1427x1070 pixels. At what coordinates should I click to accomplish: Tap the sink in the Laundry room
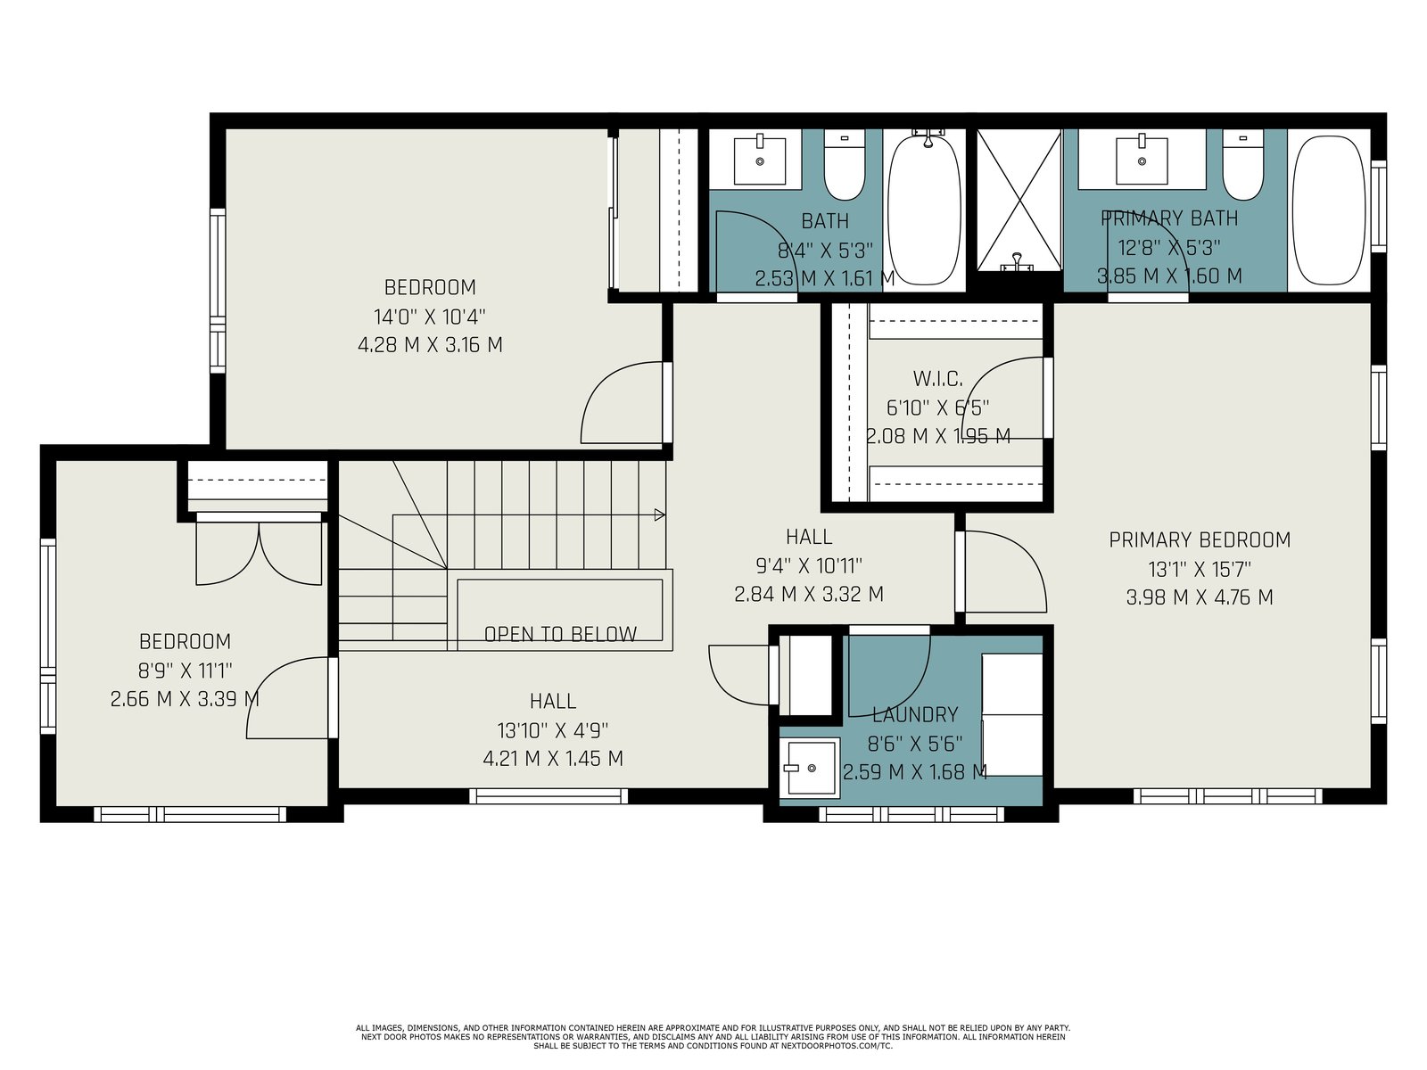coord(812,768)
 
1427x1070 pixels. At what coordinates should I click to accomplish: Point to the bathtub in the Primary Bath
coord(1328,210)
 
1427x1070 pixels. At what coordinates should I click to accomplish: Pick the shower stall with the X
coord(1019,200)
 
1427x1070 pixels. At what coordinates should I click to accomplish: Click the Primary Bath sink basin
coord(1142,160)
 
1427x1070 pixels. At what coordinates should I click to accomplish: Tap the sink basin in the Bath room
coord(759,160)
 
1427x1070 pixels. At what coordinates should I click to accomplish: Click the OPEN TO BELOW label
coord(560,634)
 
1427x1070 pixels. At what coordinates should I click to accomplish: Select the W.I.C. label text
coord(937,378)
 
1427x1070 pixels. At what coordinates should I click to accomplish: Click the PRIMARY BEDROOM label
coord(1200,539)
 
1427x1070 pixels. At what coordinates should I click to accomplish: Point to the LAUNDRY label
coord(915,714)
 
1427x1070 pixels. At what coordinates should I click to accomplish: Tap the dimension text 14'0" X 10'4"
coord(430,317)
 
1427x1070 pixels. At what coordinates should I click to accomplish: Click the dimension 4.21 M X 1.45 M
coord(553,758)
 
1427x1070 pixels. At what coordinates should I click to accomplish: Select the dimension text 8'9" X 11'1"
coord(186,670)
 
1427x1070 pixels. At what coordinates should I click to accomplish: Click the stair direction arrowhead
coord(659,515)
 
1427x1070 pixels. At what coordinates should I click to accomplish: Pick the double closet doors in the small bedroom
coord(259,551)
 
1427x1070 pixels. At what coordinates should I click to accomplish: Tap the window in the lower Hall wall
coord(549,796)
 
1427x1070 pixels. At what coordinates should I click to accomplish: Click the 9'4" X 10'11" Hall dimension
coord(809,566)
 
